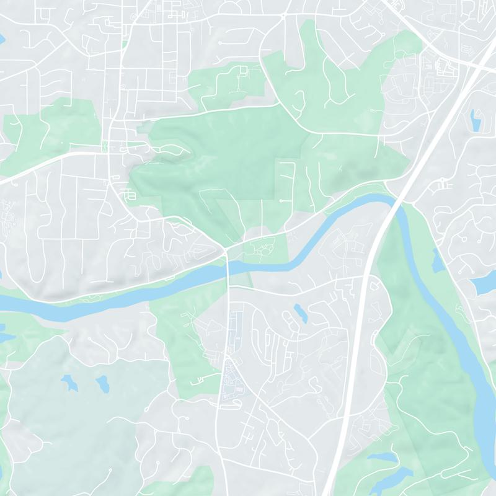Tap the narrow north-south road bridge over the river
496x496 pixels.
coord(229,267)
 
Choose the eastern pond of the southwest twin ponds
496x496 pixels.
coord(102,384)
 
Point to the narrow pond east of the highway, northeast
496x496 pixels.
coord(476,120)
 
